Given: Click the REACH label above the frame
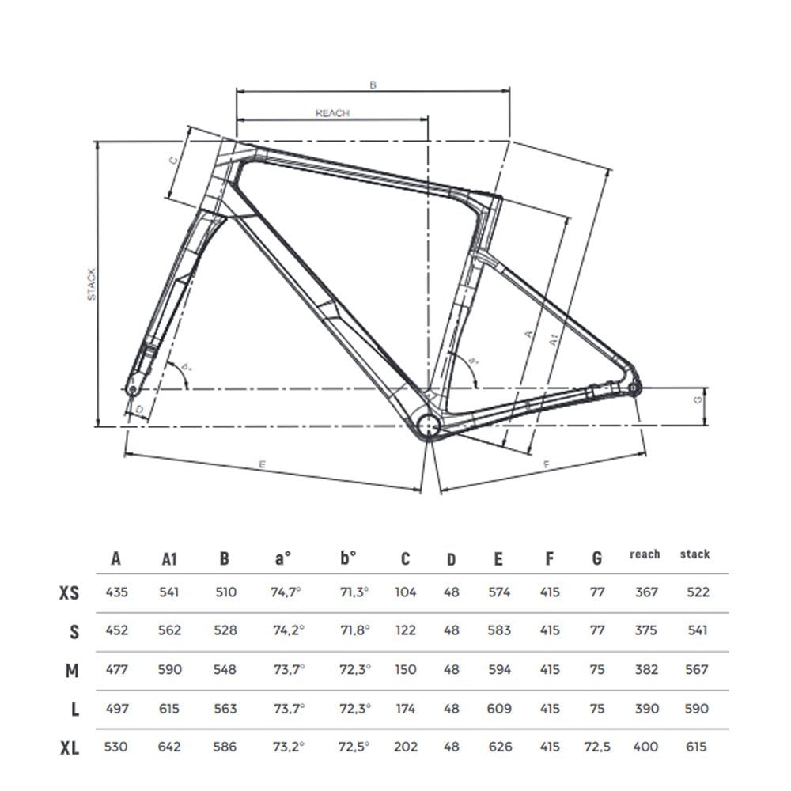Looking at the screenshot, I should (332, 113).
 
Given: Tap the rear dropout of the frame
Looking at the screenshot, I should (634, 388).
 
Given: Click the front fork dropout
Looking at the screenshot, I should (132, 389).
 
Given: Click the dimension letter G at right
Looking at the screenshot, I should (698, 400).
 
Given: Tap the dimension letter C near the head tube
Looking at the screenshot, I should (173, 159).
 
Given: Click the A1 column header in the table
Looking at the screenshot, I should (168, 558).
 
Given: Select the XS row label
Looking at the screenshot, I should (69, 592).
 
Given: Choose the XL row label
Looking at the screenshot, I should (70, 747).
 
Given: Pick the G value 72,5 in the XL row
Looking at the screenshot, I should (597, 747).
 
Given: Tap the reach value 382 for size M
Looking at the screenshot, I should (646, 669).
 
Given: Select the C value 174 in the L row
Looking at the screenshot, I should (406, 709).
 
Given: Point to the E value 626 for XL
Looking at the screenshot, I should (499, 747).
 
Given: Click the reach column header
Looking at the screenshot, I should (645, 554).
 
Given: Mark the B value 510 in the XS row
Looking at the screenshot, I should (225, 592).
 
